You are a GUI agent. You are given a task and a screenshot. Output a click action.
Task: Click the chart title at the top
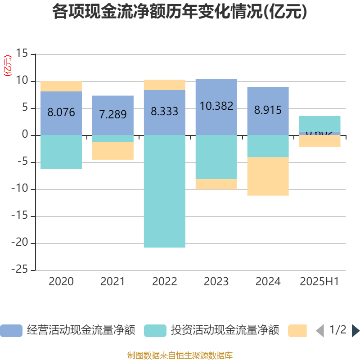point(180,12)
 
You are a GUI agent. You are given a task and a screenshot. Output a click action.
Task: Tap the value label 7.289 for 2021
point(113,114)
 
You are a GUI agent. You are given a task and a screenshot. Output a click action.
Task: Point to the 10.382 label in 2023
point(216,106)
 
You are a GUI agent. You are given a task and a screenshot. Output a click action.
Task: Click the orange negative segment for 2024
point(268,176)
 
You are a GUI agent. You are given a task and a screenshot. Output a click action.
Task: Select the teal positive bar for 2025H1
point(319,123)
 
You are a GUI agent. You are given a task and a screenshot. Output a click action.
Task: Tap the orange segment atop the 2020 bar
point(61,86)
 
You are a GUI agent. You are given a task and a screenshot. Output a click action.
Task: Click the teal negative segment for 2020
point(61,152)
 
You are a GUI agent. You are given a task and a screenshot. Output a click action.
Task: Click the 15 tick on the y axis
point(22,54)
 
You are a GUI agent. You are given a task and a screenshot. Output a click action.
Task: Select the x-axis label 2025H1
point(319,282)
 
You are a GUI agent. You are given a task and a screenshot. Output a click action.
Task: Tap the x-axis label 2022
point(165,282)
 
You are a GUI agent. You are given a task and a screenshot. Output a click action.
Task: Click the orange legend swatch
point(297,331)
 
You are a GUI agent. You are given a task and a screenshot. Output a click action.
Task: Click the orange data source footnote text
point(180,355)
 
